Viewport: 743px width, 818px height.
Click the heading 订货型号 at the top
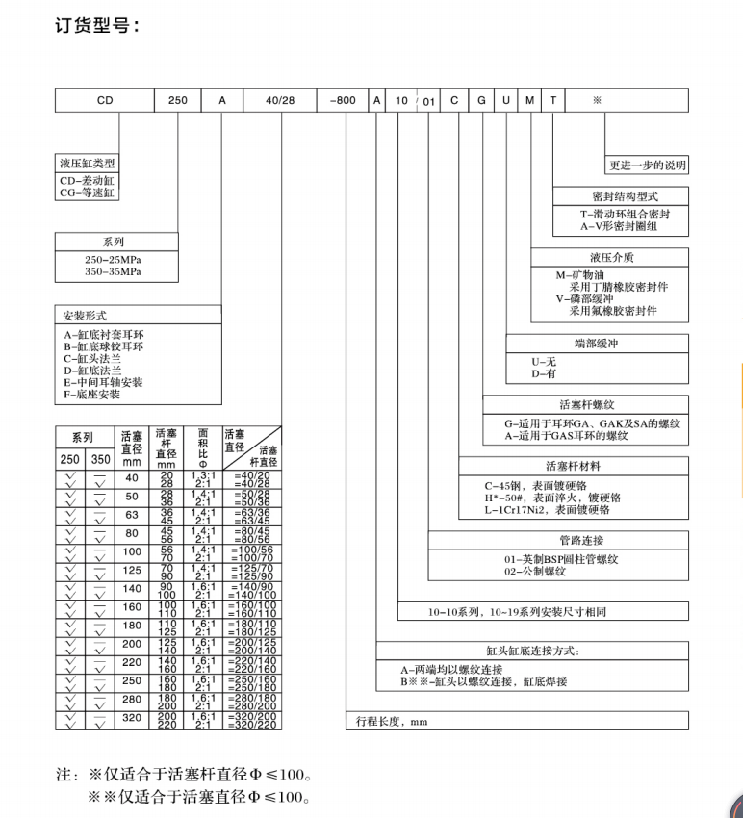[96, 24]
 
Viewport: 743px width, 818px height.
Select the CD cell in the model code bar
[105, 99]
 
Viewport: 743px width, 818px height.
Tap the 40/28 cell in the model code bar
[256, 99]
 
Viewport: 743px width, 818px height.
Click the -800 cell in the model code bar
[344, 99]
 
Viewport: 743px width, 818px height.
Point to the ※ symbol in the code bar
[597, 99]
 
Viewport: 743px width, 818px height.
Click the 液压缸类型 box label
[90, 164]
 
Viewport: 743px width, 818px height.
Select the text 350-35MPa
[114, 271]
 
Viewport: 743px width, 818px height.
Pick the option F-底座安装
[92, 394]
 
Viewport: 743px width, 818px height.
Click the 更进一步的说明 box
[647, 165]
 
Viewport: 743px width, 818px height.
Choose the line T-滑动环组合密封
[625, 214]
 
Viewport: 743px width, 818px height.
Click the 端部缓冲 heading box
[597, 343]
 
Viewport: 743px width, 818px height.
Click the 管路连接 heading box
[558, 540]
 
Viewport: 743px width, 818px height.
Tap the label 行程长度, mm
[391, 721]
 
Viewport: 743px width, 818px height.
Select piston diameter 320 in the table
[132, 717]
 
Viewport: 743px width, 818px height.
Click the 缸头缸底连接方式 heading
[533, 651]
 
